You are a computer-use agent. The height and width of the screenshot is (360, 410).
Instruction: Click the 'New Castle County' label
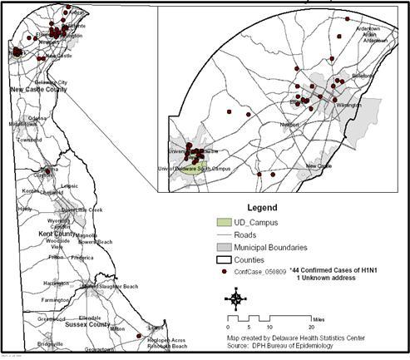click(x=38, y=88)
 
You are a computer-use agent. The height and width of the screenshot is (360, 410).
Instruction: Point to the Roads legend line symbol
click(x=219, y=235)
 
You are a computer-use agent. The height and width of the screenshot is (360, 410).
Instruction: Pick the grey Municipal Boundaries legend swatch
click(x=219, y=247)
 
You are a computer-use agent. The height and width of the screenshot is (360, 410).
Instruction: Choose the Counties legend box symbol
click(x=219, y=259)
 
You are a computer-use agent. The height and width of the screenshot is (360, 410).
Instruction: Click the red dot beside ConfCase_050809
click(x=219, y=272)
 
